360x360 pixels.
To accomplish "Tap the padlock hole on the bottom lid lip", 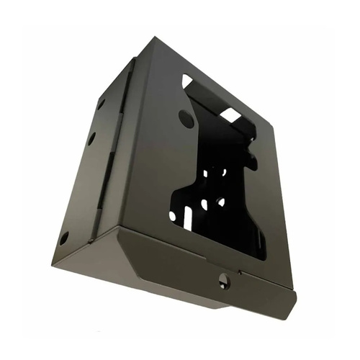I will (x=224, y=280).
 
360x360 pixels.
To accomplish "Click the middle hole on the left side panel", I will (x=91, y=138).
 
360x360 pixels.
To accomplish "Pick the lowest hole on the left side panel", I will (x=64, y=237).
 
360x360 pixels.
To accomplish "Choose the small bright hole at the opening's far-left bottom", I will (x=175, y=215).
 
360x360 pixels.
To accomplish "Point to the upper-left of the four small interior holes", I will (x=207, y=173).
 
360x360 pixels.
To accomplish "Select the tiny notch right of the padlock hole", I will (x=241, y=279).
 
